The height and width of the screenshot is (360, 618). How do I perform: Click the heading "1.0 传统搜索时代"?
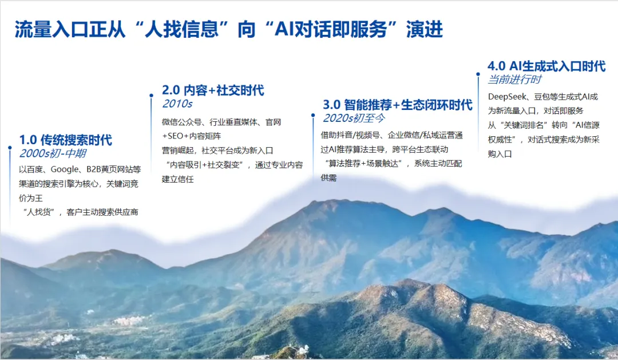click(66, 140)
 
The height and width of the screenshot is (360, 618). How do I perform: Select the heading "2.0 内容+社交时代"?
click(213, 90)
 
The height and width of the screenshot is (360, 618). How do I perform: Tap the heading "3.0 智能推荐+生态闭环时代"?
click(398, 105)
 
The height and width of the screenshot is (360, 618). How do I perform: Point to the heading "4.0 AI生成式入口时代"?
click(546, 66)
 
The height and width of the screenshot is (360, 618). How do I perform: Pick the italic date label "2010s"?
click(177, 104)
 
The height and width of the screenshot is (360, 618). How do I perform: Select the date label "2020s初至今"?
click(354, 118)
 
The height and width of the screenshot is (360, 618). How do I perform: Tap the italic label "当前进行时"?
click(514, 80)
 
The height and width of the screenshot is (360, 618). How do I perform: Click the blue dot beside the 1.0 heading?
click(10, 148)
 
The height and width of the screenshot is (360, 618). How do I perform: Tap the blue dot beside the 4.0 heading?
click(478, 73)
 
